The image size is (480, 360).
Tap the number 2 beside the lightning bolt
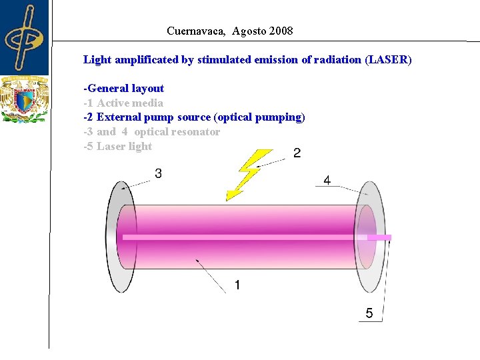[297, 154]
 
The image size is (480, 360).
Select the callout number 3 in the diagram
[159, 174]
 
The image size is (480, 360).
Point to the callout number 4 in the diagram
[327, 180]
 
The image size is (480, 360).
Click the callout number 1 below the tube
[238, 285]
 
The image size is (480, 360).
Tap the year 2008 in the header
[281, 31]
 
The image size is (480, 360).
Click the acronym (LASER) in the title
[388, 60]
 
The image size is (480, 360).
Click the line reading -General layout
[124, 89]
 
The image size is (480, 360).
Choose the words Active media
[130, 103]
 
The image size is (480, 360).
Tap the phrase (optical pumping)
[259, 117]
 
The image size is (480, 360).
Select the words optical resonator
[177, 132]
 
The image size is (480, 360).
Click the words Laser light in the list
[125, 147]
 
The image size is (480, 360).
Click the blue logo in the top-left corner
[25, 37]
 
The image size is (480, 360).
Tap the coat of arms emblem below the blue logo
[25, 101]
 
